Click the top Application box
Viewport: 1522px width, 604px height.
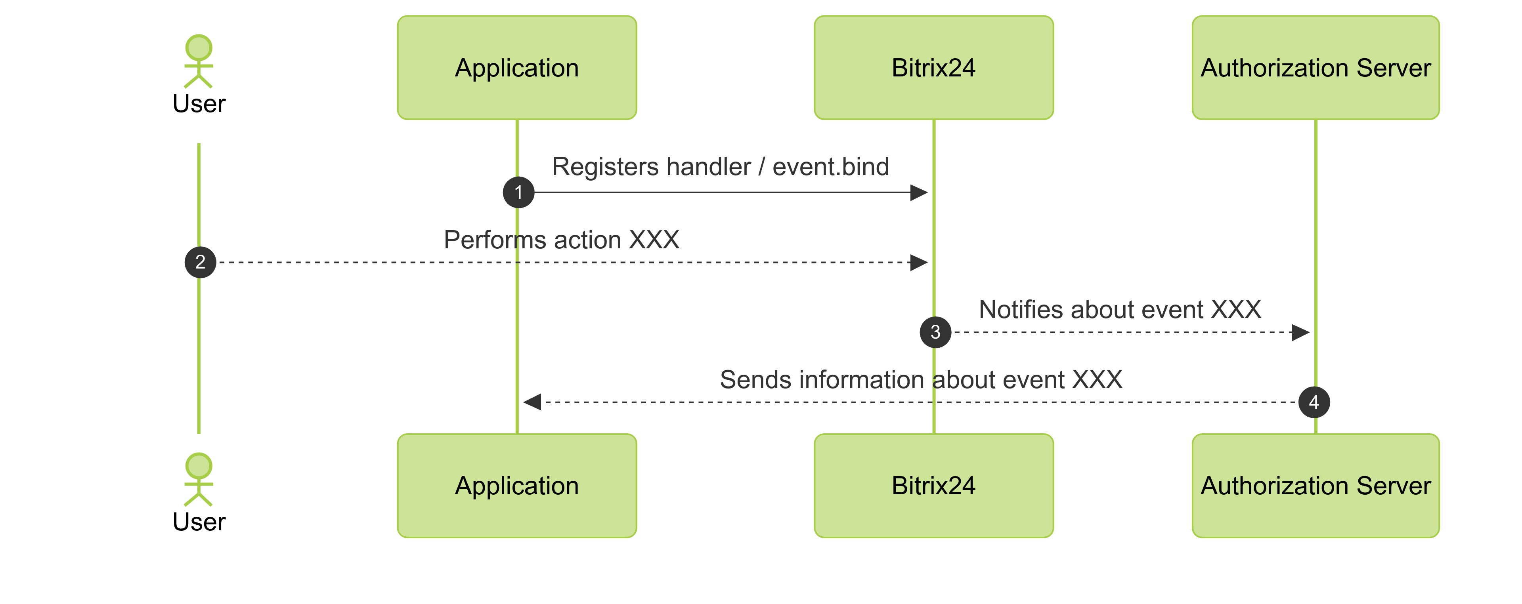[x=516, y=67]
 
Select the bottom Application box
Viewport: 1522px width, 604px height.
[x=516, y=485]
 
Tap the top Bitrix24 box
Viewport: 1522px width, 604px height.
[x=933, y=67]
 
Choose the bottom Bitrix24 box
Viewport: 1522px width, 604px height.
[x=933, y=485]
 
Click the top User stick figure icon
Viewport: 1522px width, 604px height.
[x=199, y=61]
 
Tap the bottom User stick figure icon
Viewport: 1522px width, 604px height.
[x=199, y=479]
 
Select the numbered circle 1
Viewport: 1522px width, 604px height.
[x=518, y=192]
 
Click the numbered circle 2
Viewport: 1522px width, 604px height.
[x=200, y=262]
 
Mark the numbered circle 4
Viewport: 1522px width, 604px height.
[x=1314, y=402]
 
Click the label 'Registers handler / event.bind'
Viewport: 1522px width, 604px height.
[x=720, y=166]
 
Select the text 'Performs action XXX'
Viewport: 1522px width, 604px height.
[x=561, y=240]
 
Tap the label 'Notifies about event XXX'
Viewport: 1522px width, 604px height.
[x=1120, y=309]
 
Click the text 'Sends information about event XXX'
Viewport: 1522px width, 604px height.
[x=920, y=379]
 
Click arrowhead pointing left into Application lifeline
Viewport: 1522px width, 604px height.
[x=532, y=402]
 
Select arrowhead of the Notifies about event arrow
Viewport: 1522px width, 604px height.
[x=1300, y=332]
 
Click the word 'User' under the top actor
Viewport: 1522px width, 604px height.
[x=199, y=104]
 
